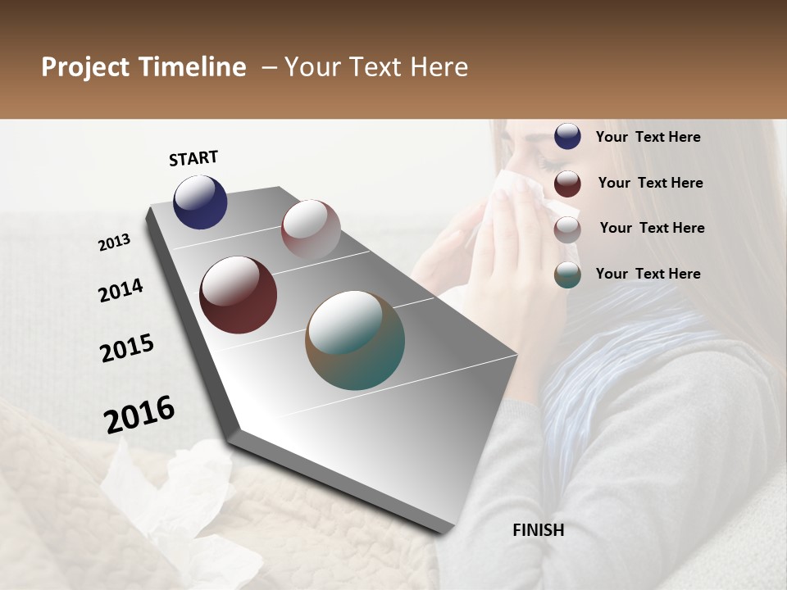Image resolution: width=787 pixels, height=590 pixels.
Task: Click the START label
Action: tap(193, 158)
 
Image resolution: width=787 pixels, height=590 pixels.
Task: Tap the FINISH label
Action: tap(538, 530)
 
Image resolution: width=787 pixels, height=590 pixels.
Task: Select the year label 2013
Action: tap(114, 243)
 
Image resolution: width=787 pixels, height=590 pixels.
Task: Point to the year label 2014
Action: tap(121, 291)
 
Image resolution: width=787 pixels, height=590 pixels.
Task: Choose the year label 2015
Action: tap(127, 348)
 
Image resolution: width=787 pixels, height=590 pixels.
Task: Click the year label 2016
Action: tap(139, 415)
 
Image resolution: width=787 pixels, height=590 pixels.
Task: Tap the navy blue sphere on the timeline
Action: tap(200, 202)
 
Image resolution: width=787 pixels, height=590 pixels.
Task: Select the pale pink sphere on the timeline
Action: tap(311, 229)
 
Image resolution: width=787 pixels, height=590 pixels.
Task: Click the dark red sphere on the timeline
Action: tap(238, 295)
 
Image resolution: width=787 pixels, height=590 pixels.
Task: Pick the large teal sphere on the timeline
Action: tap(355, 340)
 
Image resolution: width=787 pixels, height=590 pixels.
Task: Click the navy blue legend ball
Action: tap(567, 136)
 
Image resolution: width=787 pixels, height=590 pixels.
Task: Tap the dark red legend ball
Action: tap(567, 184)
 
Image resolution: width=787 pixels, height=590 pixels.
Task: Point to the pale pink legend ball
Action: tap(567, 229)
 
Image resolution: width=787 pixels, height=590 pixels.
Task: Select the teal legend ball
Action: tap(567, 275)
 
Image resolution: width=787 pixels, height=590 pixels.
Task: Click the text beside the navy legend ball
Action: tap(648, 137)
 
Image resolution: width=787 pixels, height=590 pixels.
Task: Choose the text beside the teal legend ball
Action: tap(648, 274)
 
